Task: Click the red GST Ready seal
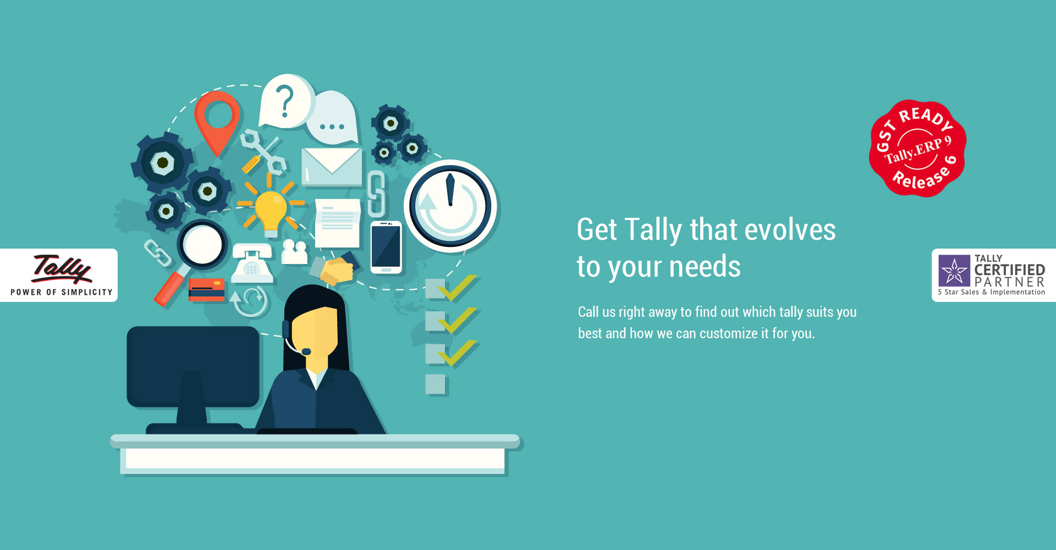click(x=917, y=148)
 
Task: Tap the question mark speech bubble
click(x=286, y=102)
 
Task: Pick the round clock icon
click(x=450, y=206)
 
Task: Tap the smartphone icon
click(x=386, y=248)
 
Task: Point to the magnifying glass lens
click(x=202, y=244)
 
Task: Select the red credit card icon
click(x=206, y=289)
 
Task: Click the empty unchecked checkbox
click(x=435, y=384)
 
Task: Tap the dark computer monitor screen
click(x=193, y=366)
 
